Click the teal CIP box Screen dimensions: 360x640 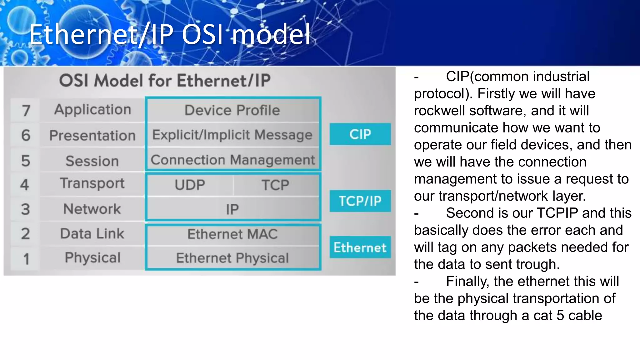click(x=360, y=134)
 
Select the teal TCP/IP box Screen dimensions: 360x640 click(x=360, y=201)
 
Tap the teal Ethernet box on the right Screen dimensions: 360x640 click(x=360, y=247)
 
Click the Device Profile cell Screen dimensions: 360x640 click(x=232, y=110)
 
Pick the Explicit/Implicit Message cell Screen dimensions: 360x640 click(x=232, y=135)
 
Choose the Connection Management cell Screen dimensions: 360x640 click(x=233, y=160)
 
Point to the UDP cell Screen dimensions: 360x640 click(x=190, y=185)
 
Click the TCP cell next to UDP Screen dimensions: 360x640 click(x=275, y=185)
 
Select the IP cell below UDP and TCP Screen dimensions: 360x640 click(x=232, y=209)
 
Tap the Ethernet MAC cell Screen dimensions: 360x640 click(x=232, y=234)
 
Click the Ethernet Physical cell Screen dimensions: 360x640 click(x=232, y=258)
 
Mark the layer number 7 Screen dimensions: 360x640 click(x=26, y=111)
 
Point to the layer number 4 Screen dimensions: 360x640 click(x=25, y=184)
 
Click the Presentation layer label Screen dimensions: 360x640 click(x=92, y=135)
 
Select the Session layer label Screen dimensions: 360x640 click(x=92, y=161)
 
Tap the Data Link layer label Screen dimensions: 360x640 click(x=92, y=233)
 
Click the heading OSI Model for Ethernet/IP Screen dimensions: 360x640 click(x=165, y=80)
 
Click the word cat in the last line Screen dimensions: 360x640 click(x=543, y=315)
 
